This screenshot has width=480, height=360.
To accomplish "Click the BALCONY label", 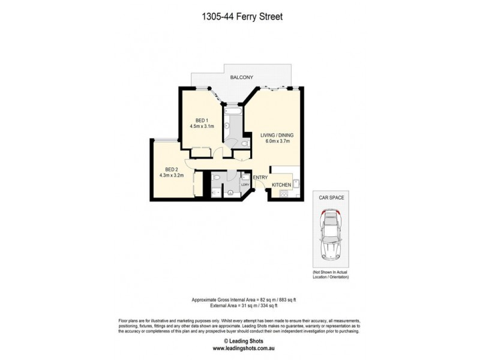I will point(242,77).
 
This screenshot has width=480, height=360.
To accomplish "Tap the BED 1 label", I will point(202,119).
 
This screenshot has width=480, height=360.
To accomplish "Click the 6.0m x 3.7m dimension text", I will point(275,142).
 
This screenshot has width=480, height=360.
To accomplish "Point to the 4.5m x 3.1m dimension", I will point(202,126).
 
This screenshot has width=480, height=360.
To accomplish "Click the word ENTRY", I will point(260,177).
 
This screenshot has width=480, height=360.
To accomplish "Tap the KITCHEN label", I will point(282,185).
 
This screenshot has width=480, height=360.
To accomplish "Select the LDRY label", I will point(245,184).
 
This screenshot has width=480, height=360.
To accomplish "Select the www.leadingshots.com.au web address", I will point(240,348).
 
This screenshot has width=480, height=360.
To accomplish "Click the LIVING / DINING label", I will point(275,135).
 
